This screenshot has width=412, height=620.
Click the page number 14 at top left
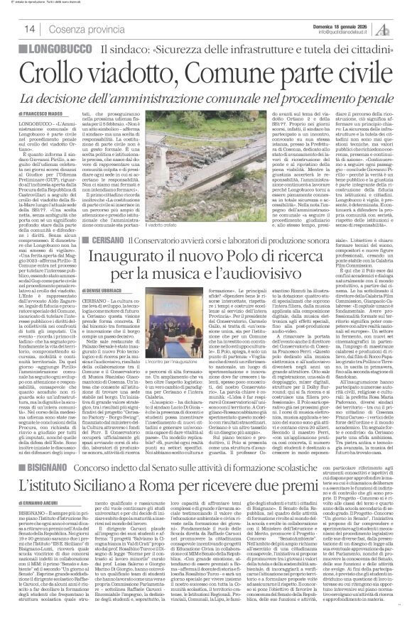pyautogui.click(x=11, y=29)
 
